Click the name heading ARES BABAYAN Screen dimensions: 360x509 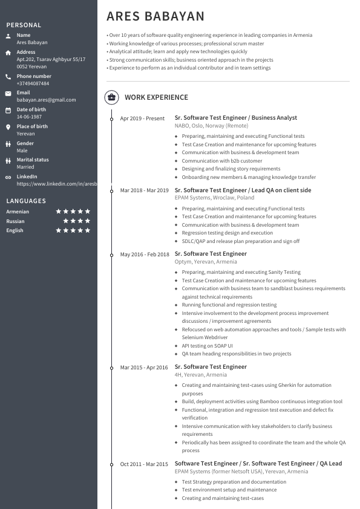tap(155, 16)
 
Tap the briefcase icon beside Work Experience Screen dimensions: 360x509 tap(111, 97)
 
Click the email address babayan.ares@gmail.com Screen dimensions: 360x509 tap(46, 100)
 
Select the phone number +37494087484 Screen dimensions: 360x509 tap(33, 83)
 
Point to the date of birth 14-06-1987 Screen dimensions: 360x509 tap(29, 117)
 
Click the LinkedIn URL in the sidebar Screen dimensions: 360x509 tap(56, 183)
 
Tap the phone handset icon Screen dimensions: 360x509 tap(8, 77)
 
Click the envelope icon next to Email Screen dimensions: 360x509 tap(8, 94)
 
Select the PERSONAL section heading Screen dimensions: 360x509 tap(24, 25)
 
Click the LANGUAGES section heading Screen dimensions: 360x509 tap(26, 201)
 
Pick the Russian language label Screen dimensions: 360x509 tap(15, 221)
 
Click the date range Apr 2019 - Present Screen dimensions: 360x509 tap(142, 118)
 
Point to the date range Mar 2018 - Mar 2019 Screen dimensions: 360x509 tap(144, 190)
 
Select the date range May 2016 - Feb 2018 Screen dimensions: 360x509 tap(145, 254)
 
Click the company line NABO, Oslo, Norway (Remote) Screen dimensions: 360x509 tap(211, 126)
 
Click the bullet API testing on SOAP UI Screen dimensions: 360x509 tap(207, 346)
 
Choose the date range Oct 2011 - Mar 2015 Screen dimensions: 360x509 tap(144, 464)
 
